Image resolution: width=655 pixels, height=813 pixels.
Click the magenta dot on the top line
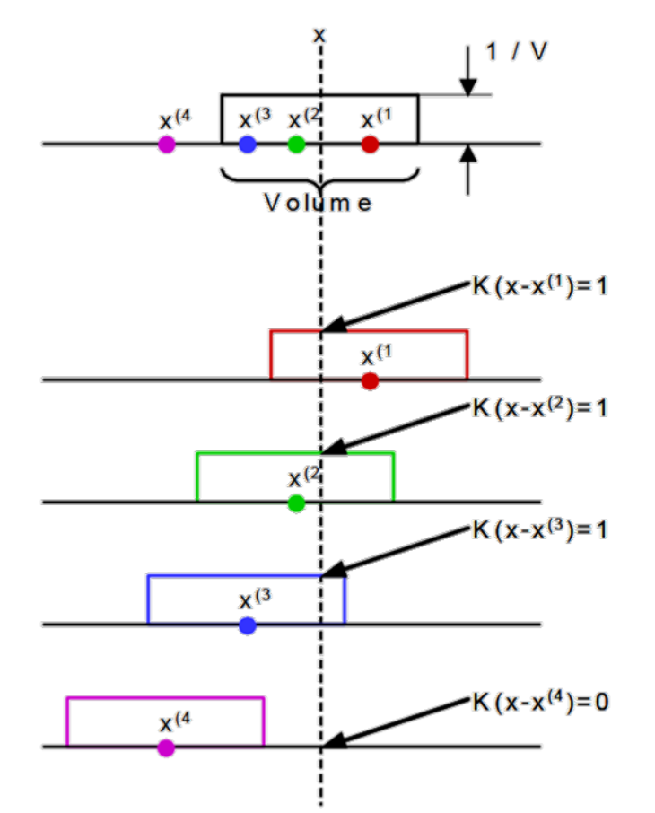coord(166,144)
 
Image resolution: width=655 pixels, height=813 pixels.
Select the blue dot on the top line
coord(248,144)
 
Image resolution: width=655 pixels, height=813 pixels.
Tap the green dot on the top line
coord(296,144)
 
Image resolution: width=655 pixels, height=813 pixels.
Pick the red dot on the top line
coord(370,144)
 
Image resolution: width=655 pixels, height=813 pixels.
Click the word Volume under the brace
coord(318,203)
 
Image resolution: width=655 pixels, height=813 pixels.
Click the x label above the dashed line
coord(319,34)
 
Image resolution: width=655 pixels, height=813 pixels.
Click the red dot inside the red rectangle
coord(370,381)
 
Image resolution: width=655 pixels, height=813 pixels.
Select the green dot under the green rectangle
coord(296,503)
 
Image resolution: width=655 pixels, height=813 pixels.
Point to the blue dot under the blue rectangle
coord(248,625)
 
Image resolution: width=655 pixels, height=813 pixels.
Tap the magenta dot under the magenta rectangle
coord(166,747)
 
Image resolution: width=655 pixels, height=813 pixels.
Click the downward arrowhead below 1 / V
coord(468,86)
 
